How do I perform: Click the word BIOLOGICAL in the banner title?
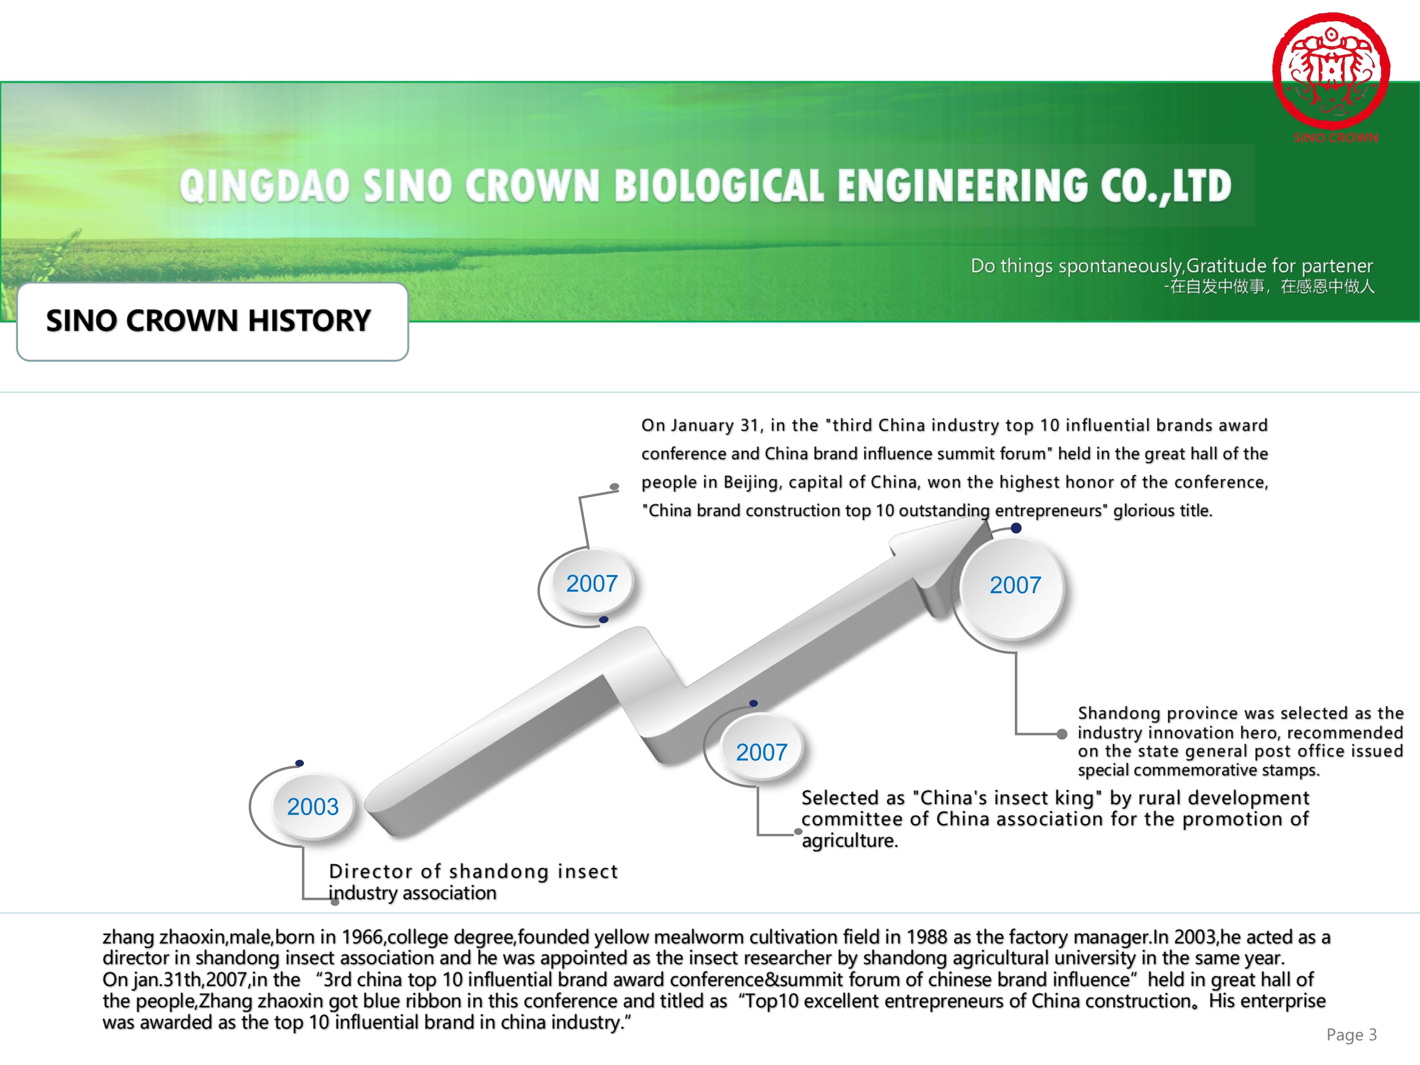(719, 186)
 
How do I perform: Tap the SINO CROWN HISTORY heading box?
(212, 321)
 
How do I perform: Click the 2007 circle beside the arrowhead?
(1015, 586)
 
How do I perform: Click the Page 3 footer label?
(1351, 1035)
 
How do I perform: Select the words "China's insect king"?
(1007, 798)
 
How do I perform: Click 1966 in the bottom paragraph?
(362, 937)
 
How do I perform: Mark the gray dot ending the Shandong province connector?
(1062, 734)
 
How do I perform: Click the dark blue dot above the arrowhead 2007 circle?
(1016, 528)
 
